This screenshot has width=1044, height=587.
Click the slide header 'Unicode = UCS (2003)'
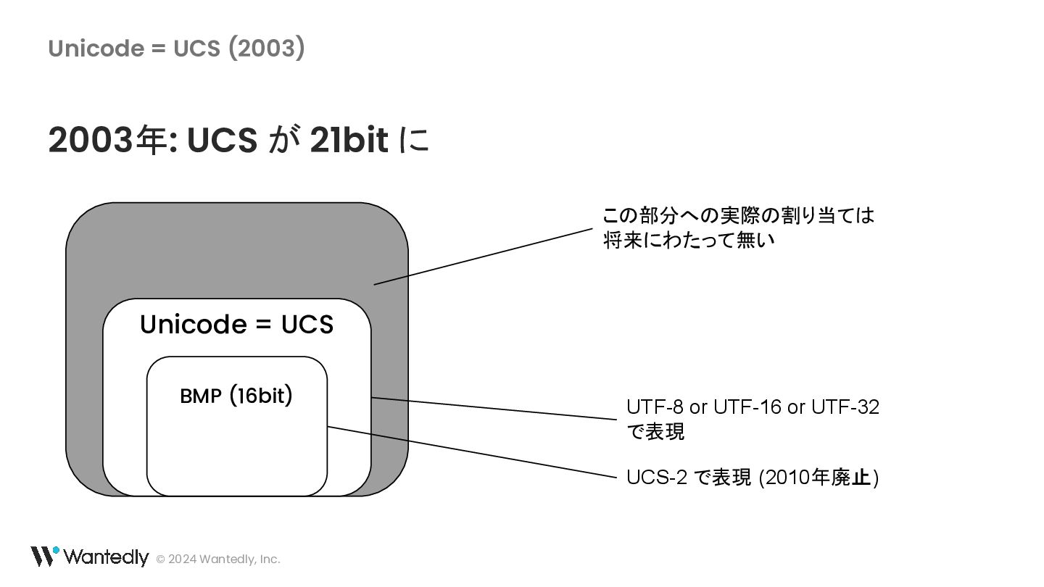coord(176,49)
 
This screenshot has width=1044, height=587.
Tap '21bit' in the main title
coord(349,140)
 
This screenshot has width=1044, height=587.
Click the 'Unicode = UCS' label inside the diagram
coord(236,324)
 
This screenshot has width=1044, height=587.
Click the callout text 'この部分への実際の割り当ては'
coord(738,216)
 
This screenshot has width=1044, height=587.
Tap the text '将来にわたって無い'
coord(689,240)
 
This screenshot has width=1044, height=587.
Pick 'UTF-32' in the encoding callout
coord(845,407)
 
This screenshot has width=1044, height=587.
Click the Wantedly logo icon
coord(44,556)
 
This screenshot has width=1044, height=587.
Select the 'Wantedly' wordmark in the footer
coord(106,557)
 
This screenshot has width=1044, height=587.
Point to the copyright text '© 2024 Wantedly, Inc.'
coord(218,559)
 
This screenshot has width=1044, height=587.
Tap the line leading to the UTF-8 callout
coord(493,408)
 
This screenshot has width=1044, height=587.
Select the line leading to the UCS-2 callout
coord(471,451)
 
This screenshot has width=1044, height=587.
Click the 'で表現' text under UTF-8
coord(655,432)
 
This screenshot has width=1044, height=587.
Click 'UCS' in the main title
coord(222,140)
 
